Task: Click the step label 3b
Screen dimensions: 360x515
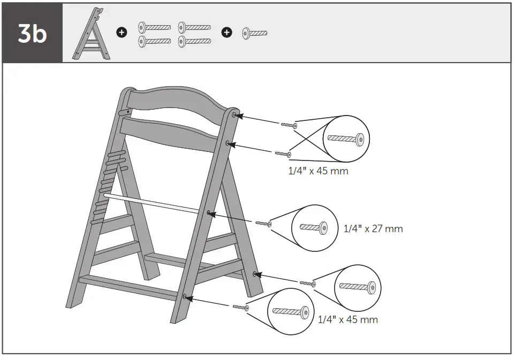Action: [32, 33]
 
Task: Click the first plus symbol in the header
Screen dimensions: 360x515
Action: [122, 33]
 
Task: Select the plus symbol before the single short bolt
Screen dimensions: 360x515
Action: [227, 33]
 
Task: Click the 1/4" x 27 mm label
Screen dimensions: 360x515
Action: [373, 229]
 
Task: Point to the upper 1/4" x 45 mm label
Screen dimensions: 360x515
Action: [319, 172]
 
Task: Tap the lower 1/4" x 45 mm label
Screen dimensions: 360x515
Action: [348, 320]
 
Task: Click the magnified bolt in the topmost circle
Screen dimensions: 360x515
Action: [346, 139]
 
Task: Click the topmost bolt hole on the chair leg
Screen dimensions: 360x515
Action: [234, 115]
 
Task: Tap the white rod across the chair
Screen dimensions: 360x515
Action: [155, 204]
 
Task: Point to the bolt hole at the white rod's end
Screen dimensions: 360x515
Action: [209, 213]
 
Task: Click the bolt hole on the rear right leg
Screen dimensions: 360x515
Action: [255, 274]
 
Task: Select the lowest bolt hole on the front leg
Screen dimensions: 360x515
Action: [185, 296]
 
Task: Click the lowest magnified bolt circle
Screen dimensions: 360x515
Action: [291, 311]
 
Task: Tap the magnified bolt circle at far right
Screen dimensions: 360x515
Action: [358, 287]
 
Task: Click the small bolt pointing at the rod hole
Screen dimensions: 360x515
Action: [263, 223]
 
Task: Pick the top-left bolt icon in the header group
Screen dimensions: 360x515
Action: [155, 27]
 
